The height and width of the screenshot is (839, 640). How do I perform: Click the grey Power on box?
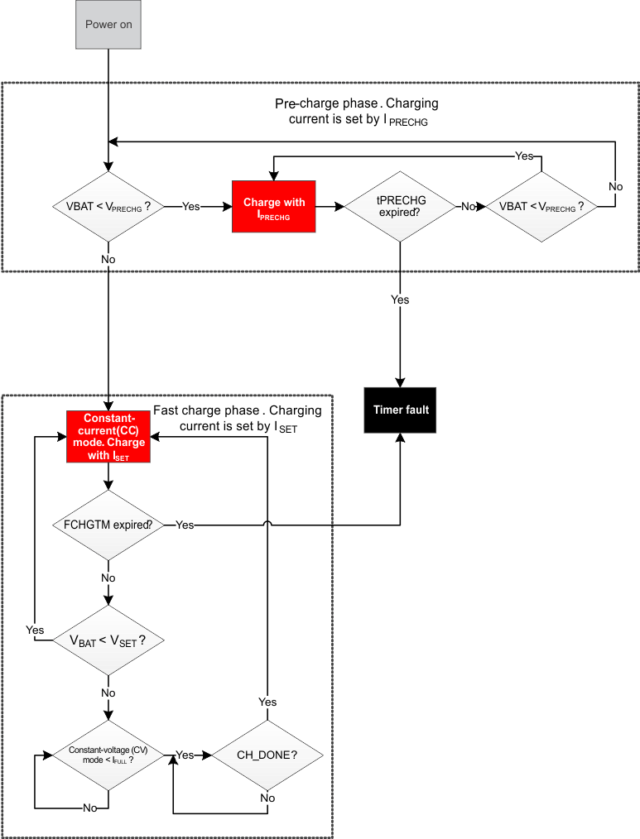pyautogui.click(x=108, y=25)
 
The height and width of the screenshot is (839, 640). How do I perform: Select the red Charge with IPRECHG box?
pyautogui.click(x=274, y=207)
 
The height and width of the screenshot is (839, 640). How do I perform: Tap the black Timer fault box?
pyautogui.click(x=401, y=410)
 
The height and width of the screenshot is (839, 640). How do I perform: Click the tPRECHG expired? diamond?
pyautogui.click(x=400, y=207)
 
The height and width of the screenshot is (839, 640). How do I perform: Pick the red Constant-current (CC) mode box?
pyautogui.click(x=108, y=436)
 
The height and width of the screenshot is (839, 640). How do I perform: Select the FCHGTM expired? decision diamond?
pyautogui.click(x=108, y=525)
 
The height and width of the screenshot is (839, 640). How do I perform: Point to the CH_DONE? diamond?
pyautogui.click(x=267, y=755)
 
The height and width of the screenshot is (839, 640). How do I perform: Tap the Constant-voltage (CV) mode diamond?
pyautogui.click(x=108, y=755)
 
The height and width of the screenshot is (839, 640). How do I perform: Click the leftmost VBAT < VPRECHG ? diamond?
pyautogui.click(x=108, y=207)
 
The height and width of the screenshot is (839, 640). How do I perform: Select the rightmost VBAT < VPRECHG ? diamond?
pyautogui.click(x=541, y=207)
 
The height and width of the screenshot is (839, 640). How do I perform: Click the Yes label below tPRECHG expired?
pyautogui.click(x=400, y=300)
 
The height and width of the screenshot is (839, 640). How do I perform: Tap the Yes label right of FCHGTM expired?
pyautogui.click(x=185, y=525)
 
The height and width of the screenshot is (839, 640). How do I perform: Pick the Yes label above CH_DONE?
pyautogui.click(x=267, y=702)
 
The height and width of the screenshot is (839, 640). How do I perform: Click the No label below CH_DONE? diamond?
pyautogui.click(x=267, y=798)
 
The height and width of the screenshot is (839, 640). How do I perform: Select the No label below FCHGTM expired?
pyautogui.click(x=108, y=577)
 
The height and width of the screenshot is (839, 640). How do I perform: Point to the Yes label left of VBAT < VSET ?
pyautogui.click(x=35, y=630)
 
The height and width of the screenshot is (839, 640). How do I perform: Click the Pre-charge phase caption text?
pyautogui.click(x=358, y=112)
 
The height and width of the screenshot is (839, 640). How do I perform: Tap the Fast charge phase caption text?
pyautogui.click(x=238, y=419)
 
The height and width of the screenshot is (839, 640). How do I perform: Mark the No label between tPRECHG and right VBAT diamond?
pyautogui.click(x=469, y=207)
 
